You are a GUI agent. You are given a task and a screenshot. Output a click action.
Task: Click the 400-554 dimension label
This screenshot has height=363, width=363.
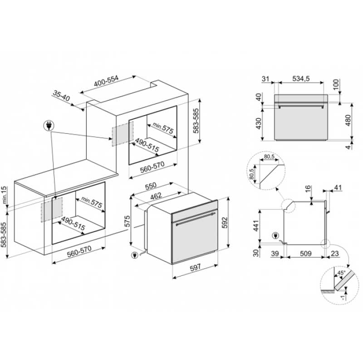[106, 81]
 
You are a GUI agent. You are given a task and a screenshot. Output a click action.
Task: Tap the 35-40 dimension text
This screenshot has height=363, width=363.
[61, 96]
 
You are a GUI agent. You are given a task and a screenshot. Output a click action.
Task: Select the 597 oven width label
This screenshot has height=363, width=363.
[196, 268]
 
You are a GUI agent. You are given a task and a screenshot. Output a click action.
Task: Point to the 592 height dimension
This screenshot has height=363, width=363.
[225, 223]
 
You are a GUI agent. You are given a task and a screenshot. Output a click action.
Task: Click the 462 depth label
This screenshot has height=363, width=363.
[156, 196]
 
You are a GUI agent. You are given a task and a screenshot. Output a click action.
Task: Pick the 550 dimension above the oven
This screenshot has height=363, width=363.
[151, 186]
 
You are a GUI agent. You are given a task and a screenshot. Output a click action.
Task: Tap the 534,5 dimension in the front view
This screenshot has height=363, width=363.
[301, 78]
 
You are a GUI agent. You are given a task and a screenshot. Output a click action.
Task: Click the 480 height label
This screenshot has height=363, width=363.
[348, 120]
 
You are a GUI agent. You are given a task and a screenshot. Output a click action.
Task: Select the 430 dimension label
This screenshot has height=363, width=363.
[258, 123]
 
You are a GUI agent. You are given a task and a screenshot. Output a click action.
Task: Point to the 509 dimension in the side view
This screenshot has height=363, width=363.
[305, 254]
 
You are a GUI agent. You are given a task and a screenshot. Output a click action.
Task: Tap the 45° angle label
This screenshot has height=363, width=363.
[341, 273]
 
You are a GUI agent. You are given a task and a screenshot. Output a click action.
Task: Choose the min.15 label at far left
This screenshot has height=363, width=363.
[5, 195]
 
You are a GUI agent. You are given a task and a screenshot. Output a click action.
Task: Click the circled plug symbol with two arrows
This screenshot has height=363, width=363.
[49, 126]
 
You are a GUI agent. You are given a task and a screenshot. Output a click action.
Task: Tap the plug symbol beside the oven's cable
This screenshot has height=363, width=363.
[134, 255]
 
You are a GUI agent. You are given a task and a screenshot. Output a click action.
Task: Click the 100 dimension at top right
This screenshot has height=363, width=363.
[336, 84]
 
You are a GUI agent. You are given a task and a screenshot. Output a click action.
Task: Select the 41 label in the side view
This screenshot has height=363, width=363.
[338, 187]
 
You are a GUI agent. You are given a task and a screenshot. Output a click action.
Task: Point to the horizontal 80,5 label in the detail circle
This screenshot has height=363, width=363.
[269, 157]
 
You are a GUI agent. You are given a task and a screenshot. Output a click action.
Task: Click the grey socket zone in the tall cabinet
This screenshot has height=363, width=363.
[123, 134]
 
